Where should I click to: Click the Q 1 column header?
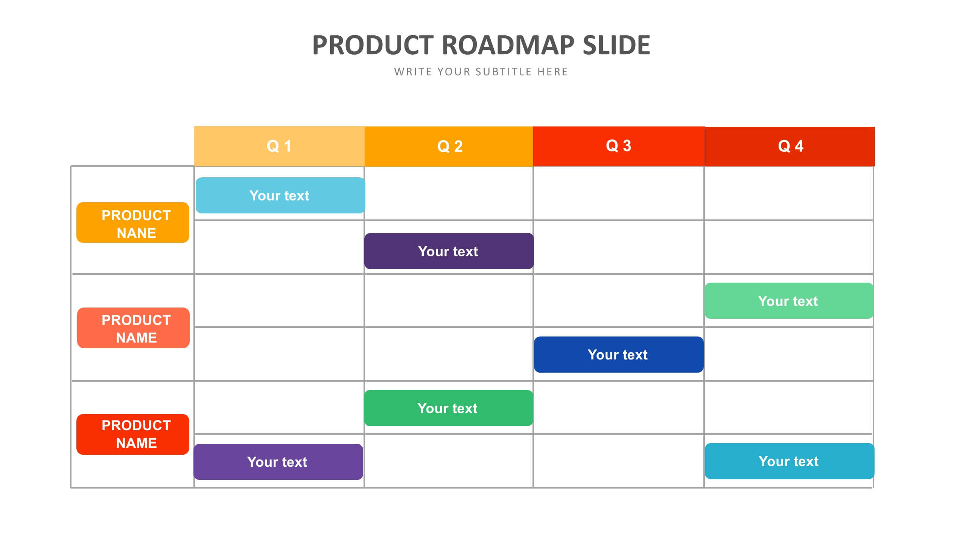coord(279,146)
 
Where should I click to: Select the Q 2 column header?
coord(449,146)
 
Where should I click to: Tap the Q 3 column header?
coord(619,146)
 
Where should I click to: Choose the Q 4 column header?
coord(790,146)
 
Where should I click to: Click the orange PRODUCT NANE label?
coord(133,222)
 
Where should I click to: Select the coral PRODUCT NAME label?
coord(133,328)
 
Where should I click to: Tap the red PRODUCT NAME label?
coord(133,434)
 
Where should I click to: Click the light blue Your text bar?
coord(280,195)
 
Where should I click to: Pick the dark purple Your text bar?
coord(449,251)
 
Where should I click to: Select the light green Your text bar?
coord(789,301)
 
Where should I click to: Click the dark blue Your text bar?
coord(619,355)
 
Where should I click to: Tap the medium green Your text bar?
coord(449,408)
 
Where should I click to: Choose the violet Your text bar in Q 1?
coord(278,462)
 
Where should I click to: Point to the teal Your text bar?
coord(790,461)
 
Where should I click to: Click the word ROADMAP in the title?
coord(508,45)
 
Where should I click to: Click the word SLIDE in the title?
coord(616,45)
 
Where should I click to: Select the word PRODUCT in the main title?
coord(373,45)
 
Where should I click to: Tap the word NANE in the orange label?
coord(136,233)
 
